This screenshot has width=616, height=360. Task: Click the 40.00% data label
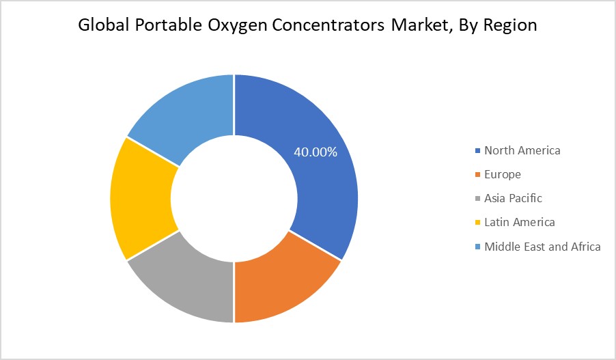click(x=316, y=152)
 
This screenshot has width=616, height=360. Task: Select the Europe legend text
click(x=503, y=174)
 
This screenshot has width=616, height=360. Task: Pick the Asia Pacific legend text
click(x=513, y=198)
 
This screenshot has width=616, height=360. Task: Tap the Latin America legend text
click(x=520, y=222)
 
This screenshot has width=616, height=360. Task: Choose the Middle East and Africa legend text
click(x=542, y=246)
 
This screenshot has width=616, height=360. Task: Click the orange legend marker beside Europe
click(x=477, y=174)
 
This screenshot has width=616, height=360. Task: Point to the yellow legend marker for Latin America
click(x=477, y=222)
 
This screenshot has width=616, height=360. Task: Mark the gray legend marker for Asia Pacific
click(x=477, y=198)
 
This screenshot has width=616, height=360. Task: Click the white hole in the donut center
click(x=234, y=198)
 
